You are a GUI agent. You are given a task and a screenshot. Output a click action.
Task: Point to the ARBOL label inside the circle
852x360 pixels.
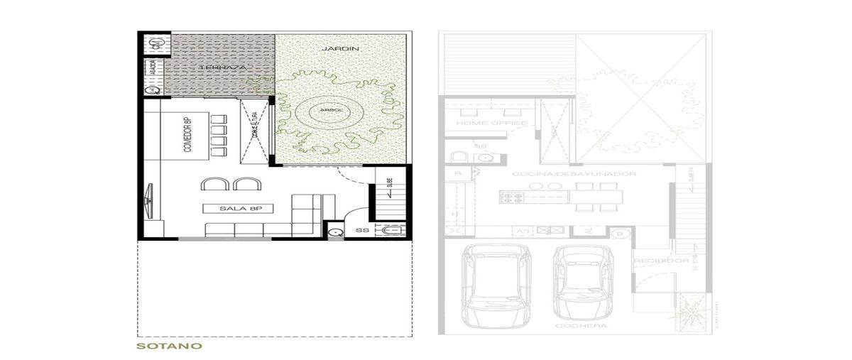coord(329,111)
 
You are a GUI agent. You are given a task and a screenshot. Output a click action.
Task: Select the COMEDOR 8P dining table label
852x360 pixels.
coord(188,135)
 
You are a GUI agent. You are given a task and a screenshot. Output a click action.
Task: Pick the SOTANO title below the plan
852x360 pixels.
coord(170,347)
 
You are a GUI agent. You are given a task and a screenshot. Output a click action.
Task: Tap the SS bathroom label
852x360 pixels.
coord(361,230)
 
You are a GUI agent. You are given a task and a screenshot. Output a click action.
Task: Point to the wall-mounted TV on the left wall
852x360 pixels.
coord(150,198)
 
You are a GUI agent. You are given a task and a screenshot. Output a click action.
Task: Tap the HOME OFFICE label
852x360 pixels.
coord(491,124)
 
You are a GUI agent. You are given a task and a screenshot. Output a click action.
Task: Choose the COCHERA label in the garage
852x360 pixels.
coord(572,325)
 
